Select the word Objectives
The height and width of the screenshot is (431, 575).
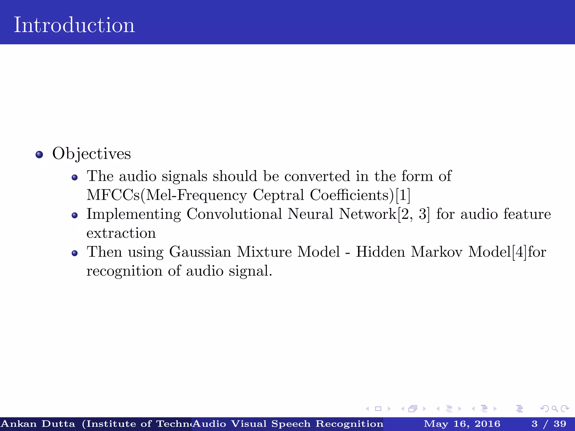click(x=92, y=154)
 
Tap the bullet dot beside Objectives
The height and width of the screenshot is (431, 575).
click(x=39, y=155)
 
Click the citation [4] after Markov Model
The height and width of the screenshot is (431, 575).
click(x=519, y=252)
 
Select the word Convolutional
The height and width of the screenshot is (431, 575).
click(x=234, y=214)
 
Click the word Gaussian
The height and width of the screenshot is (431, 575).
click(x=200, y=252)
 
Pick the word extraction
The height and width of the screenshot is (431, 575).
click(x=121, y=233)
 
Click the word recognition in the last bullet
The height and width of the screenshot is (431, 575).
click(x=124, y=271)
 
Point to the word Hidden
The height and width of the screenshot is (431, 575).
click(x=380, y=252)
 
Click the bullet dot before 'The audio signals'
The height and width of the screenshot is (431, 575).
click(x=74, y=178)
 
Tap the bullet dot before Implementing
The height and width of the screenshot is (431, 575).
click(x=74, y=215)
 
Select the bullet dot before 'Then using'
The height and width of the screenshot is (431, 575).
click(x=74, y=253)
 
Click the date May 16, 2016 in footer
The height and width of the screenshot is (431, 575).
click(x=462, y=424)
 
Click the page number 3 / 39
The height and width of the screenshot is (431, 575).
click(x=549, y=424)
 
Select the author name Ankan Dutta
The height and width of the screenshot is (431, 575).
click(x=38, y=424)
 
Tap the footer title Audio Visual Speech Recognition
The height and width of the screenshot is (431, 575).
click(x=288, y=424)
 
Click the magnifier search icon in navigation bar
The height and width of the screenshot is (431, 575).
click(x=555, y=409)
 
